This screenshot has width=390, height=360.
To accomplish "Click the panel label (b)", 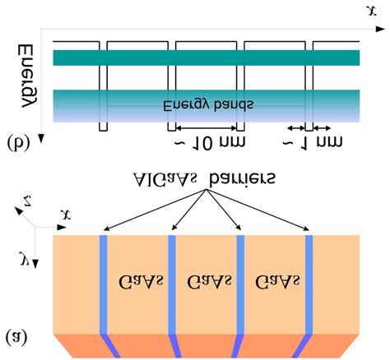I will pos(17,143).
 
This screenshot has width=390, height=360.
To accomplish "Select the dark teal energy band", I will pos(206,58).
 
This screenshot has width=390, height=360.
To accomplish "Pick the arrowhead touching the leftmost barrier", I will pos(106,232).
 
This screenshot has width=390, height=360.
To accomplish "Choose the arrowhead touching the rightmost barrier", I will pos(307,232).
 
